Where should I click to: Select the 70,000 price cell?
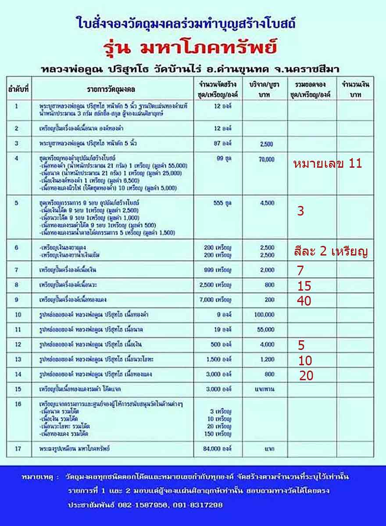click(x=266, y=159)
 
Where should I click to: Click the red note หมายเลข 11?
click(x=327, y=164)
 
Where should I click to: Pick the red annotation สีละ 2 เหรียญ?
click(x=330, y=252)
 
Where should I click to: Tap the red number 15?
click(x=304, y=286)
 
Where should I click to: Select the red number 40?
click(x=304, y=301)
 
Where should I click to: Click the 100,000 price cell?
click(x=264, y=315)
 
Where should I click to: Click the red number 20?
click(x=306, y=376)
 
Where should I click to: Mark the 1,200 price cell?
click(x=267, y=360)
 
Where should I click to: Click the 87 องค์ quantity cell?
click(x=222, y=144)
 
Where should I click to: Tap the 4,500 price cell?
click(x=267, y=203)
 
